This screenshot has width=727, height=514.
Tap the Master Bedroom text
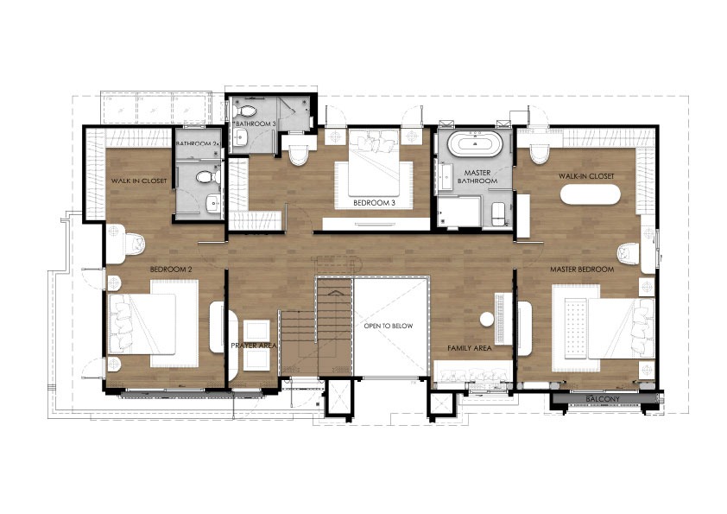click(582, 270)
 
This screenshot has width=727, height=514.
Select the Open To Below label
click(388, 327)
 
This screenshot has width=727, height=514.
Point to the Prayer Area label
click(254, 346)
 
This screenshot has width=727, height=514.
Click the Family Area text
click(469, 348)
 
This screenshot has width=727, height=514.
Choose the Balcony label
click(603, 399)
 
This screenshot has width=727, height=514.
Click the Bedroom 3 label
click(374, 203)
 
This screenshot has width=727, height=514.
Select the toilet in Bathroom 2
click(208, 177)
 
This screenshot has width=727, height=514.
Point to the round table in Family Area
click(487, 319)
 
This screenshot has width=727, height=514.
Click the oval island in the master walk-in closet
click(590, 195)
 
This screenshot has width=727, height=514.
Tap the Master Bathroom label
click(477, 177)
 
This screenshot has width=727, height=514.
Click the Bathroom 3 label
click(256, 124)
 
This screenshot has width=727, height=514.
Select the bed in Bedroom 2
click(153, 323)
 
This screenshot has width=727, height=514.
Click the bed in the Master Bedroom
click(604, 328)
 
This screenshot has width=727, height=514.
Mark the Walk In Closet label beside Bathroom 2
click(139, 181)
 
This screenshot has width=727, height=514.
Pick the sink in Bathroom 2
click(213, 203)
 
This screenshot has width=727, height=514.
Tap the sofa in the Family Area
click(473, 373)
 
